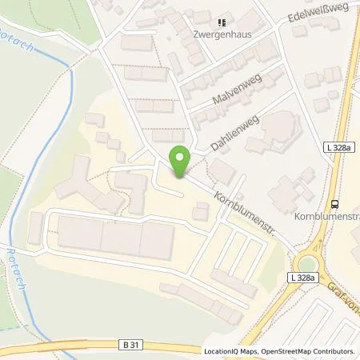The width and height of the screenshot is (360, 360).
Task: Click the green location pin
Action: click(x=180, y=160)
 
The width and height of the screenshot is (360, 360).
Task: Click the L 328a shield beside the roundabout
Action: click(x=302, y=276)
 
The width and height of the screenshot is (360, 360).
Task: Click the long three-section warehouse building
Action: click(x=115, y=237)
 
